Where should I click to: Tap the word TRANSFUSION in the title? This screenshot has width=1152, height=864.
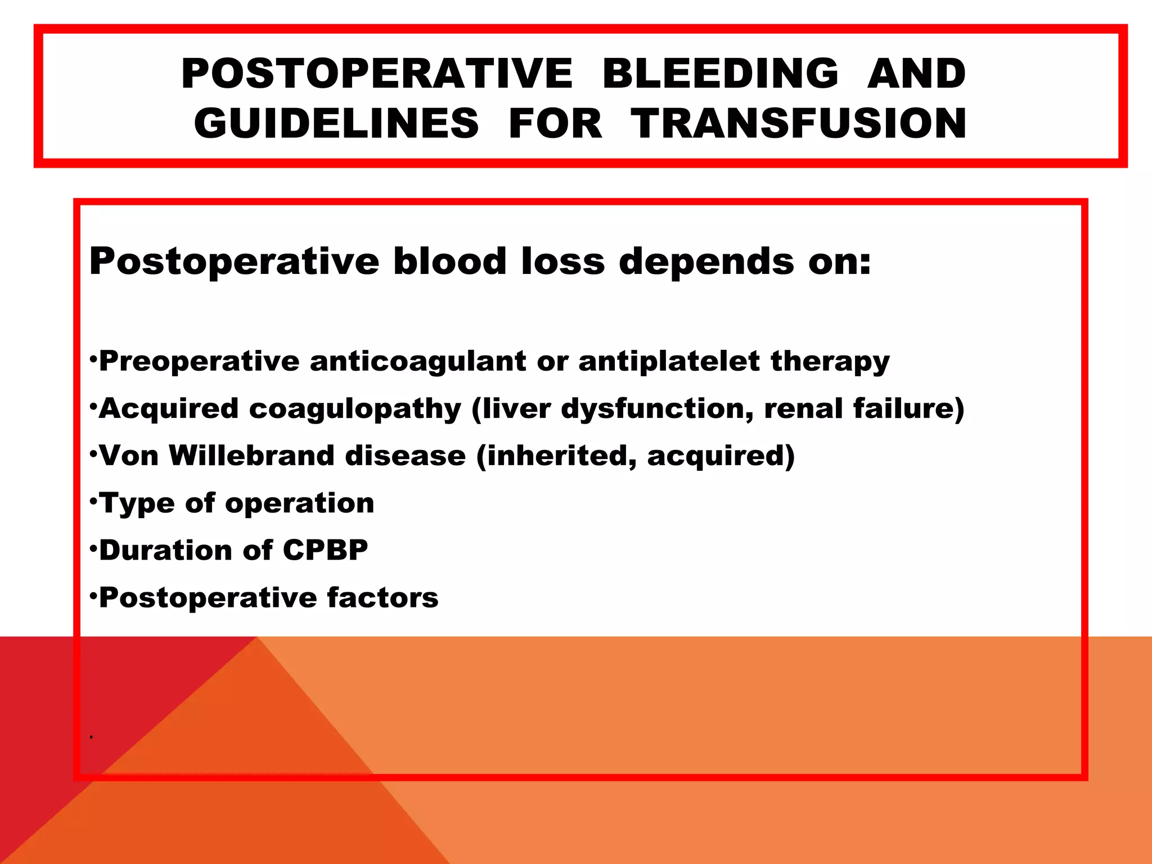(799, 124)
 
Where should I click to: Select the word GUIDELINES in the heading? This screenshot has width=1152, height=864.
(336, 124)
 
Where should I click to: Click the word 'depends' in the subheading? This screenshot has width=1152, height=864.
(706, 262)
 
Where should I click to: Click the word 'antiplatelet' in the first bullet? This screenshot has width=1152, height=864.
(669, 361)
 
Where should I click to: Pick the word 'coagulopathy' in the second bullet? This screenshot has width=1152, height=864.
(355, 408)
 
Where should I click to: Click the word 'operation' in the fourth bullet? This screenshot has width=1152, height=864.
(300, 503)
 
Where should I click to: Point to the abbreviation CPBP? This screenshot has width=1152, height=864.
(325, 550)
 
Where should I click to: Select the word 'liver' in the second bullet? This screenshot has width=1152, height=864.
(516, 408)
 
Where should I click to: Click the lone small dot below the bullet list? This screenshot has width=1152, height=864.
(91, 737)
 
